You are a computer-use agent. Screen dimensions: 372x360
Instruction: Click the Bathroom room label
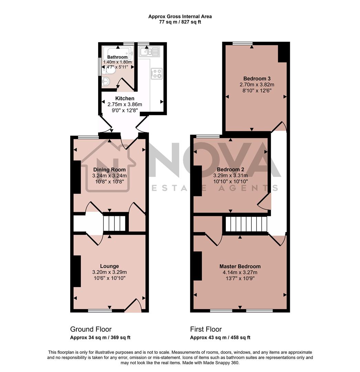point(117,57)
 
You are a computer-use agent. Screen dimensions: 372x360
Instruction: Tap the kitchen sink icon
point(149,52)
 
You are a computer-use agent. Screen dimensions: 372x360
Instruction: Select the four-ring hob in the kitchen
point(157,73)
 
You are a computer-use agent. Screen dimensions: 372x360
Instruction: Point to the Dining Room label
point(109,169)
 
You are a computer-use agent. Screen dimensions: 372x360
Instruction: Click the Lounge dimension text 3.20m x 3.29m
point(109,272)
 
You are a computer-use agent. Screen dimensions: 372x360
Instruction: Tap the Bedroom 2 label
point(230,169)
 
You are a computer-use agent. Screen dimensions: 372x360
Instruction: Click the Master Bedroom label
point(240,266)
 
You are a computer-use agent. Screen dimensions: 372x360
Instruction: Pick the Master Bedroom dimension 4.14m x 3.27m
point(240,272)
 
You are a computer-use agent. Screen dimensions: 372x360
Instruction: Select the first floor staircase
point(246,224)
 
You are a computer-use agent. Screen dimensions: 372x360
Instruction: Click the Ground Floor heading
point(91,329)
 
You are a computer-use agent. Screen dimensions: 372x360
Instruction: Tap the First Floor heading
point(206,329)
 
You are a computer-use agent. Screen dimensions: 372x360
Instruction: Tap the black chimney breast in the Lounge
point(76,271)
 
